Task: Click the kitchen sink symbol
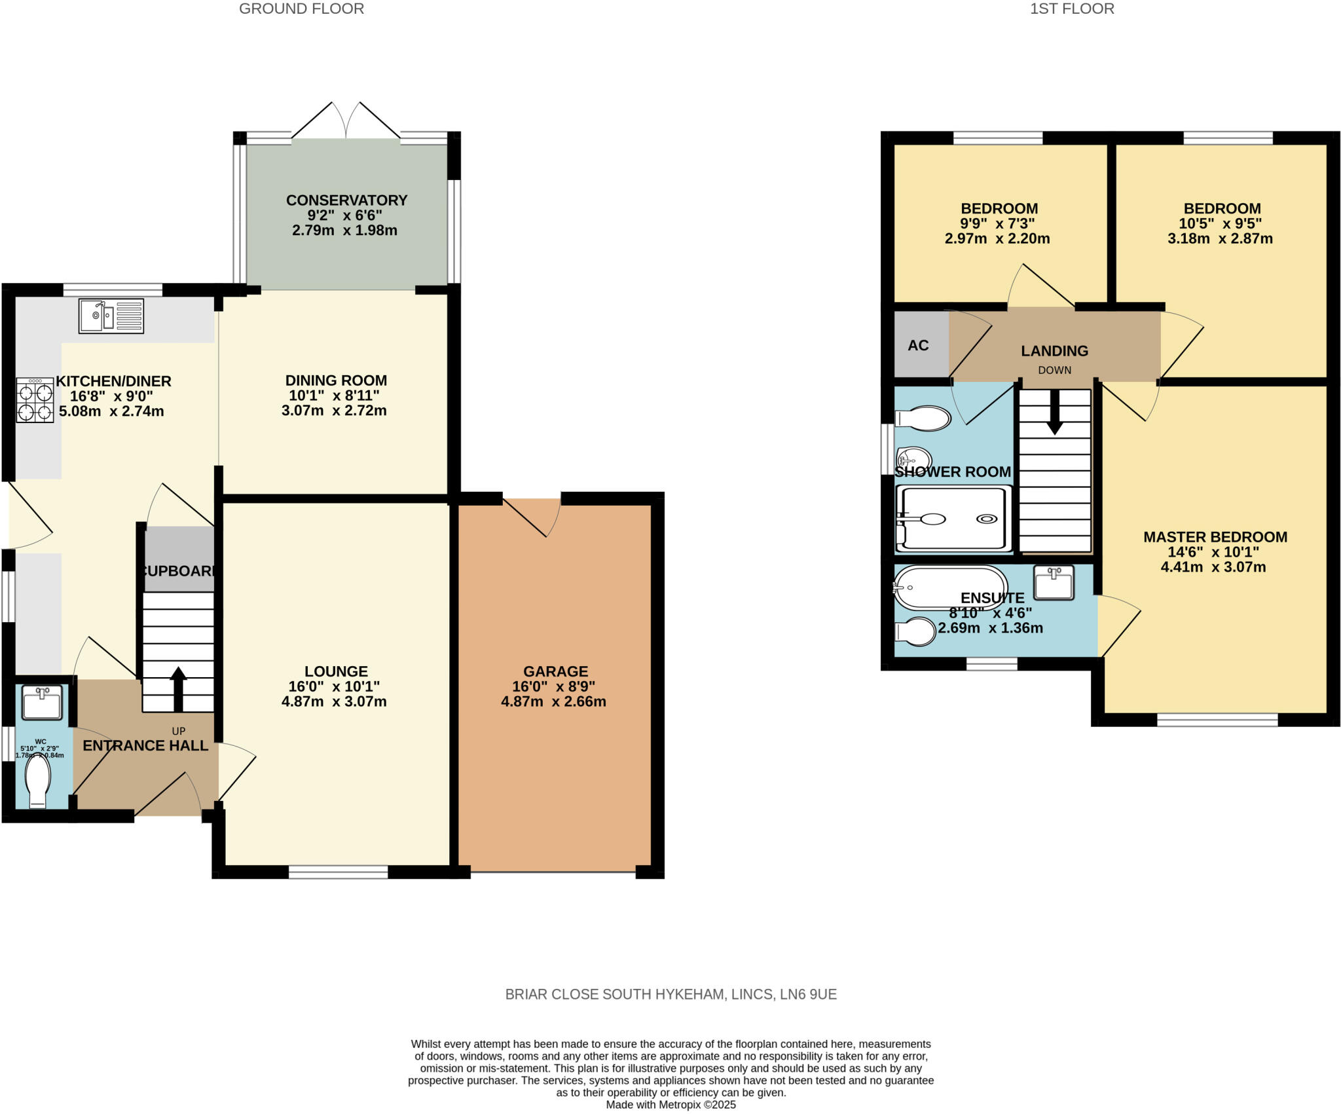click(x=111, y=316)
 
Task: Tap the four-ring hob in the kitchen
click(x=35, y=401)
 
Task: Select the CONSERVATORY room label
click(x=346, y=200)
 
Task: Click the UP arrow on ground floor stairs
click(x=178, y=688)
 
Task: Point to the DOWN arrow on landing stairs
click(x=1054, y=411)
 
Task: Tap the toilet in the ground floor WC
click(x=38, y=782)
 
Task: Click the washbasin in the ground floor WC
click(x=42, y=702)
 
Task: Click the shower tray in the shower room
click(x=953, y=519)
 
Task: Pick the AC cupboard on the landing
click(x=919, y=345)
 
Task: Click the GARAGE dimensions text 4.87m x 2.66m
click(x=553, y=701)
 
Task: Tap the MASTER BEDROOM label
click(x=1215, y=537)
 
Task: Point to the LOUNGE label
click(x=336, y=671)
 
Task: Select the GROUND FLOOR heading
click(x=301, y=9)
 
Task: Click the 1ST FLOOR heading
click(x=1072, y=9)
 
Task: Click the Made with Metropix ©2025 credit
click(x=670, y=1105)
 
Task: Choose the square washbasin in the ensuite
click(x=1054, y=582)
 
